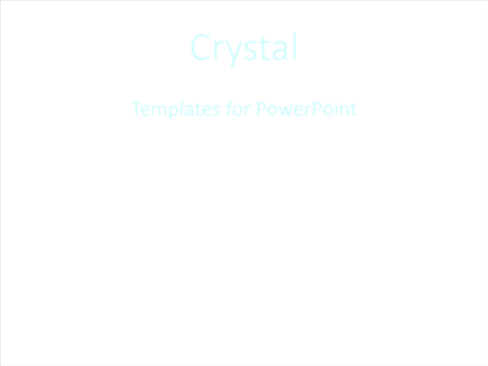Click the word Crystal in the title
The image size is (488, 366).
pos(243,48)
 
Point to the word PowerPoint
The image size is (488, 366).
pos(307,109)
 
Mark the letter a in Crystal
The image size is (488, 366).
pos(276,50)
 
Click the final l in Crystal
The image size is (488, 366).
pos(292,47)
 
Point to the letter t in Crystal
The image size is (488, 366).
pos(262,49)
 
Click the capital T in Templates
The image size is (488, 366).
pos(136,109)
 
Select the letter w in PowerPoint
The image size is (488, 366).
pos(284,111)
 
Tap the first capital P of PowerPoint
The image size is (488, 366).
pos(261,109)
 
